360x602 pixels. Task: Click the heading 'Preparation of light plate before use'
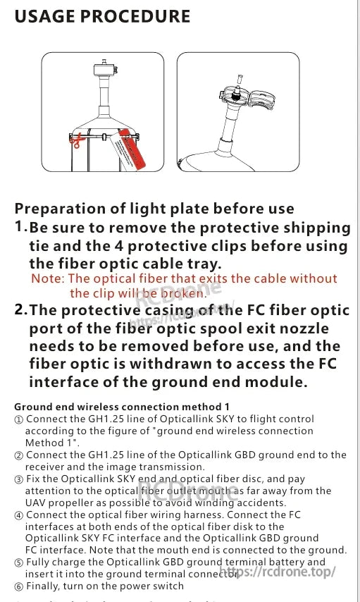tap(154, 209)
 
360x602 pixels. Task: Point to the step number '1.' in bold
tap(21, 227)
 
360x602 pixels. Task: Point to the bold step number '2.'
tap(21, 310)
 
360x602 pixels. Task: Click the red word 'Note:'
tap(47, 279)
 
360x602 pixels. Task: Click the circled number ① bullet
tap(18, 419)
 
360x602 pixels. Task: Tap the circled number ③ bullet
tap(18, 480)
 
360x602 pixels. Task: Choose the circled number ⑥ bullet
tap(18, 586)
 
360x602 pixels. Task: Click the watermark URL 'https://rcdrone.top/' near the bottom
tap(278, 572)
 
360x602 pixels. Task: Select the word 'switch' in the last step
tap(167, 586)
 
